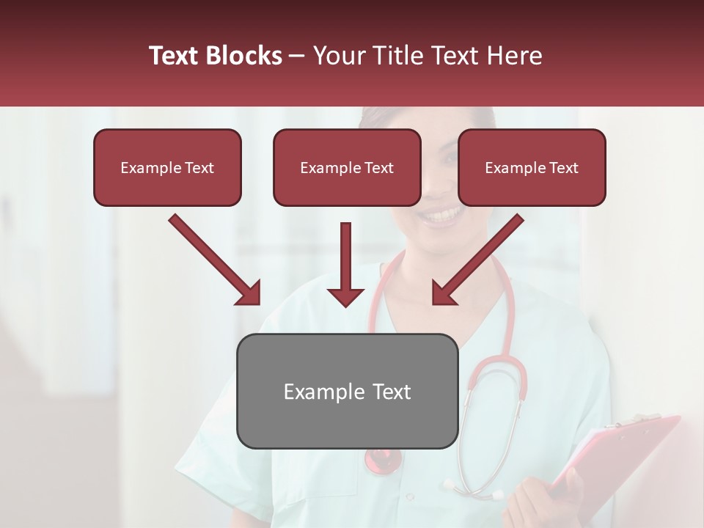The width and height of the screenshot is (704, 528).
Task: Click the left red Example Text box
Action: pyautogui.click(x=167, y=168)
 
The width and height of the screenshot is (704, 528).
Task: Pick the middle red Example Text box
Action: pyautogui.click(x=347, y=168)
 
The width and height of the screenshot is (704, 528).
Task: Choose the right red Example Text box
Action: pyautogui.click(x=532, y=168)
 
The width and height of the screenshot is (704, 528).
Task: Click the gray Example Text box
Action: pyautogui.click(x=347, y=391)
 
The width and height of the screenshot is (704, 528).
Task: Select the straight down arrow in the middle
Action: pyautogui.click(x=345, y=264)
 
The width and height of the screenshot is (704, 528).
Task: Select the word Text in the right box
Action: pyautogui.click(x=563, y=168)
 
